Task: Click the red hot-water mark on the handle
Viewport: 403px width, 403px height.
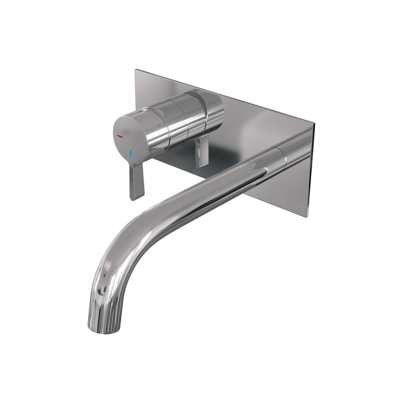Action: [x=120, y=135]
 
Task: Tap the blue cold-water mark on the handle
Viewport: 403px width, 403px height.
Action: [x=130, y=154]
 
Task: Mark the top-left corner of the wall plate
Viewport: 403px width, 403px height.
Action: [x=136, y=70]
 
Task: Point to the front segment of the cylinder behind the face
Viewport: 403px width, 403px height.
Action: [x=154, y=128]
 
